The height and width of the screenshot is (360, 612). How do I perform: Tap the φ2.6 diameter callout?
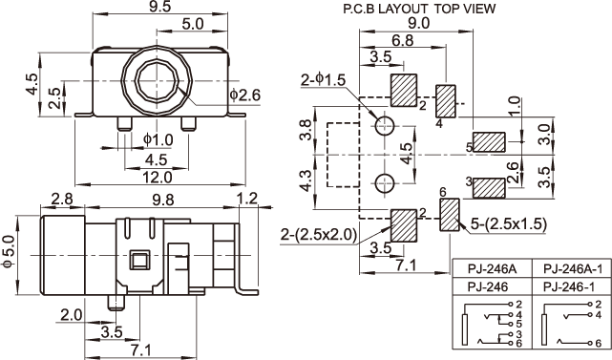coord(245,95)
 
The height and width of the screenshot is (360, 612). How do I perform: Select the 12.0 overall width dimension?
coord(157,178)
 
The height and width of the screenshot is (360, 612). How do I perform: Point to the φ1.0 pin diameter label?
coord(158,139)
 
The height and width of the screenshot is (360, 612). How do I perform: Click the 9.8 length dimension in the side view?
coord(163,200)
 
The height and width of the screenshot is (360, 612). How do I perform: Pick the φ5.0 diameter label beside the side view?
coord(8,251)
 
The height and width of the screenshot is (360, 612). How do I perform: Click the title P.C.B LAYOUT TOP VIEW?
coord(419,9)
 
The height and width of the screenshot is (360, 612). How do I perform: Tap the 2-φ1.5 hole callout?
coord(323,80)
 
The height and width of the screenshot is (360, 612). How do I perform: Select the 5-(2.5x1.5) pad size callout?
coord(509,223)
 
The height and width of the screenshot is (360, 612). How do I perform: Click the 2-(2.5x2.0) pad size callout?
coord(319,235)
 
